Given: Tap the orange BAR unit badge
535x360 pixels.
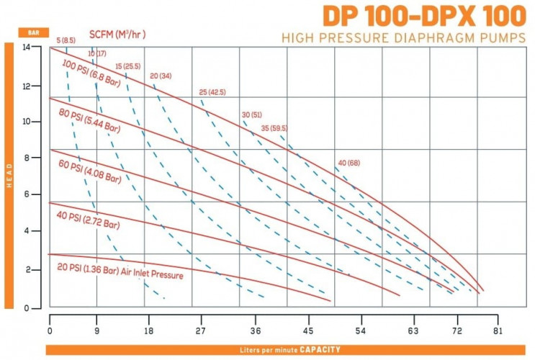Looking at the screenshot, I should coord(33,33).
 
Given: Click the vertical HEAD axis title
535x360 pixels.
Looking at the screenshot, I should coord(9,175).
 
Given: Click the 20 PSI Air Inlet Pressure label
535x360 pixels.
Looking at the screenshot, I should coord(120,271).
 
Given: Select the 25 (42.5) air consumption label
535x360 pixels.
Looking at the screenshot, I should coord(212,92).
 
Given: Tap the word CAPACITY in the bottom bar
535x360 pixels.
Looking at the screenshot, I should coord(320,350).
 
